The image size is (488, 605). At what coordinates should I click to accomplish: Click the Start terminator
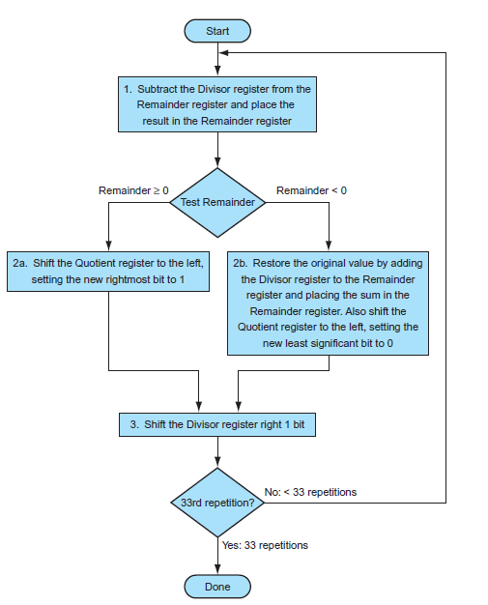(x=217, y=31)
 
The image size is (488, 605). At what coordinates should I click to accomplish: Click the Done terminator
(x=217, y=586)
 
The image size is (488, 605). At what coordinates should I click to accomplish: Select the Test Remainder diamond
(x=217, y=202)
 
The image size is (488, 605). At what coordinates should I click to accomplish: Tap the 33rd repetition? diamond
(x=217, y=503)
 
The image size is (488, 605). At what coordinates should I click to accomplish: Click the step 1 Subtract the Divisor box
(x=217, y=104)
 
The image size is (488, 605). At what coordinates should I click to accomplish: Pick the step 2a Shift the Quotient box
(x=108, y=271)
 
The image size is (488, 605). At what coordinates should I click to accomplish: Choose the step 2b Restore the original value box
(x=329, y=302)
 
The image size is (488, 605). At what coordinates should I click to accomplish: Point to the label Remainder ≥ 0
(x=133, y=190)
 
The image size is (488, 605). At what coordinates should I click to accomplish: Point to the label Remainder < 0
(x=311, y=190)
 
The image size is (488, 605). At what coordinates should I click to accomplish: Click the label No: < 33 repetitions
(x=309, y=492)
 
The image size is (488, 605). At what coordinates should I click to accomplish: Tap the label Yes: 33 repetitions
(x=265, y=545)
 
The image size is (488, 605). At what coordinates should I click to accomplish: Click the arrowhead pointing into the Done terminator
(x=217, y=569)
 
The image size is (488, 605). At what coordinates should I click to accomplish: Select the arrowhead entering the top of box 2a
(x=108, y=245)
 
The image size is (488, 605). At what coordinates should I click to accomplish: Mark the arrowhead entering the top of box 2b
(x=329, y=245)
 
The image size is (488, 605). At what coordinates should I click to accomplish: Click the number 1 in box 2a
(x=180, y=279)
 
